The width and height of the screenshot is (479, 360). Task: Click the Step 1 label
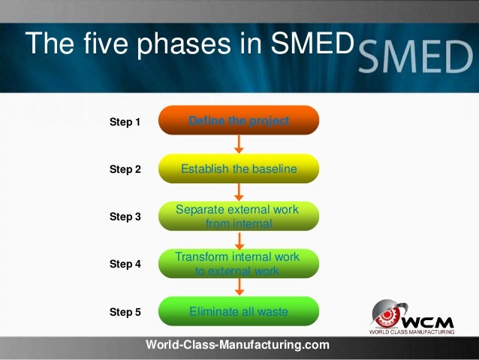click(125, 121)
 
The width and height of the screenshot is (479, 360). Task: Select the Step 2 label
click(125, 169)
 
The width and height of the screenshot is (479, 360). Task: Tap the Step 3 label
click(125, 216)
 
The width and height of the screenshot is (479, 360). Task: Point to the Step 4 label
click(125, 264)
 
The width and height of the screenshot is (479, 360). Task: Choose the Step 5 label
click(125, 312)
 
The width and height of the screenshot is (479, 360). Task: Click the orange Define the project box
click(239, 120)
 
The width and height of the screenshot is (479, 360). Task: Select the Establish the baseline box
click(239, 169)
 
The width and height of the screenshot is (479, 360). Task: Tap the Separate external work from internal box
click(239, 216)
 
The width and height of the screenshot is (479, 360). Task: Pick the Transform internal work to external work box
click(239, 264)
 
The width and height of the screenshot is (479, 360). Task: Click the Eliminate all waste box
click(239, 311)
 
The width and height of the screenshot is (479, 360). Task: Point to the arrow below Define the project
click(239, 144)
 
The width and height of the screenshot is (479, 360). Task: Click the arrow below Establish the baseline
click(239, 192)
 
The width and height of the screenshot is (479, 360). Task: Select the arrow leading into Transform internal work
click(239, 241)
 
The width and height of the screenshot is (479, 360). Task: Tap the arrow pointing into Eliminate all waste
click(239, 288)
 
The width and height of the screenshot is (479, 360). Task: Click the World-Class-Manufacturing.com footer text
click(237, 345)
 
